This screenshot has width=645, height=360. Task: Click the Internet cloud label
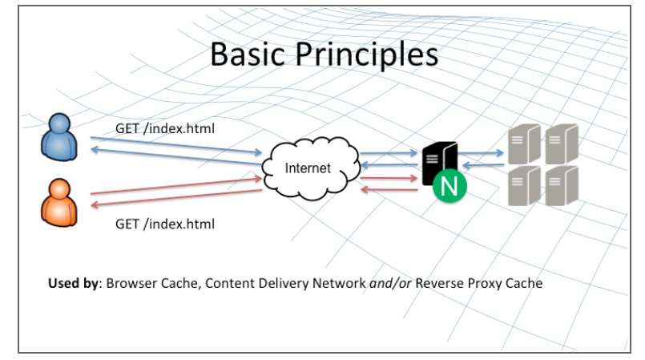click(x=308, y=168)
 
